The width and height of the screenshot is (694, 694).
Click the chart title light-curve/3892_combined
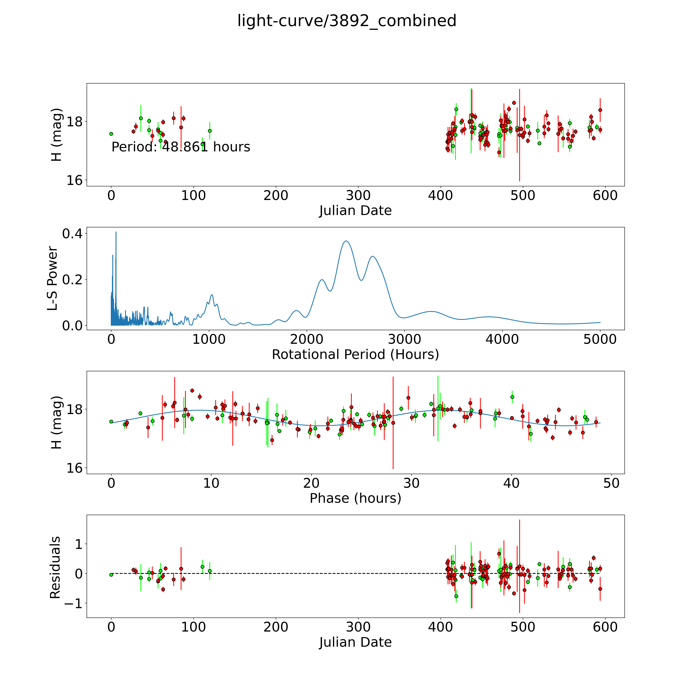click(x=347, y=21)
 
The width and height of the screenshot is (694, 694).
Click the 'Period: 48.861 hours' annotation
click(x=181, y=147)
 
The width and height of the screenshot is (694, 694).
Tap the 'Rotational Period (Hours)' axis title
click(x=355, y=355)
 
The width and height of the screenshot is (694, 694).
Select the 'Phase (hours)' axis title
click(x=355, y=498)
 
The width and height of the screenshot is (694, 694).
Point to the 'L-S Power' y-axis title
click(x=53, y=278)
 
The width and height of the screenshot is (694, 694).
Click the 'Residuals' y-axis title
click(x=55, y=568)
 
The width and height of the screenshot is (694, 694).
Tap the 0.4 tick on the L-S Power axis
click(x=72, y=234)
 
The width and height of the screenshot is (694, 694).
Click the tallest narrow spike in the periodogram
click(x=116, y=232)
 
